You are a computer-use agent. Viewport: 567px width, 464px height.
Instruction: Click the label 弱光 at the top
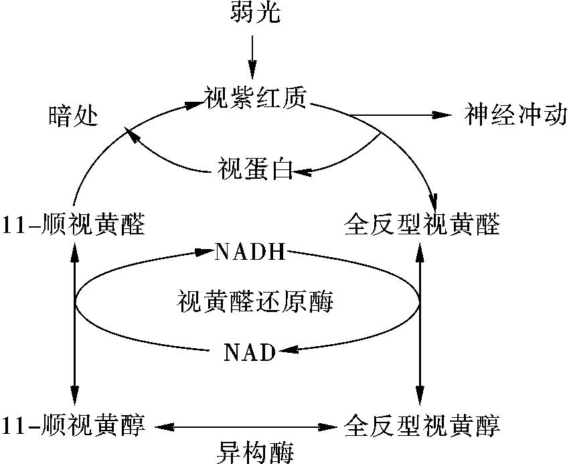click(255, 13)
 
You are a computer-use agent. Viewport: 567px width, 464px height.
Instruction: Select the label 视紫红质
click(256, 98)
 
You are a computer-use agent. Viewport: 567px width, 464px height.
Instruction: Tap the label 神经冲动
click(515, 115)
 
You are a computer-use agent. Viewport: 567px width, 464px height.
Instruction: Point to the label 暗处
click(74, 116)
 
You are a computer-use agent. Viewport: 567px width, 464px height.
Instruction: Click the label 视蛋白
click(255, 169)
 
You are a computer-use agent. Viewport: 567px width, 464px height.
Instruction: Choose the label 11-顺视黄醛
click(74, 224)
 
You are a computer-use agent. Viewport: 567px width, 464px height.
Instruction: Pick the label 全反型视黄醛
click(422, 224)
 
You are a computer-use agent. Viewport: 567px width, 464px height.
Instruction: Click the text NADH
click(250, 252)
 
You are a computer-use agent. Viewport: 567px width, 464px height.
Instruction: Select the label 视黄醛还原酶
click(255, 301)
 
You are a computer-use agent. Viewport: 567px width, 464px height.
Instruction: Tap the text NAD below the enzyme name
click(250, 352)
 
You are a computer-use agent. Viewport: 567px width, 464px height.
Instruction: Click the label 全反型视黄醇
click(422, 425)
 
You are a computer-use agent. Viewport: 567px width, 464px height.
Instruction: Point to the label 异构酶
click(255, 452)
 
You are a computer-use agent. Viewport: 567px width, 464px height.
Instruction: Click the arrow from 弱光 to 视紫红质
click(252, 57)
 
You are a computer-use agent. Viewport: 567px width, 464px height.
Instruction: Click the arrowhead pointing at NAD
click(288, 350)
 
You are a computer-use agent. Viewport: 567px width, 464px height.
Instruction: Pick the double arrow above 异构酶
click(246, 427)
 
